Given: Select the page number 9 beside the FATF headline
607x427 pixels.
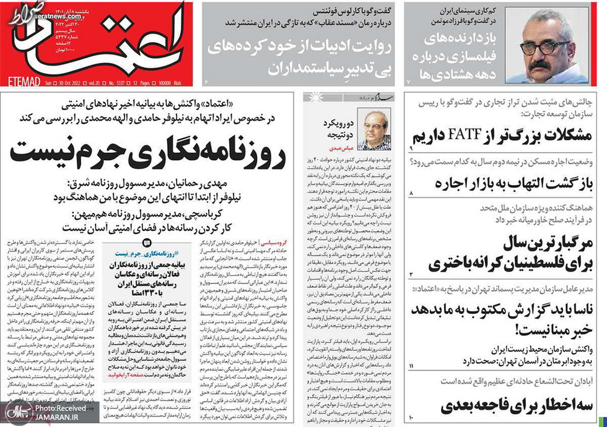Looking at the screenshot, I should click(x=411, y=149).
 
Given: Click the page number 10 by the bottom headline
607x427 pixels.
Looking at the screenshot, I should click(x=412, y=420).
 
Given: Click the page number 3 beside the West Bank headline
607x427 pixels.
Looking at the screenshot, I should click(x=411, y=274).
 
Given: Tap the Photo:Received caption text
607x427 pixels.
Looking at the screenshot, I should click(x=56, y=408).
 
